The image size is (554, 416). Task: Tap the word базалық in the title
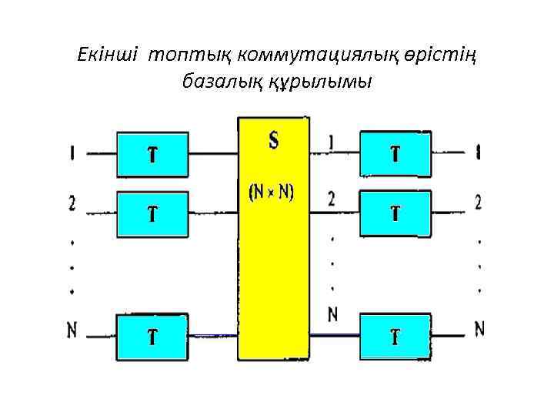pos(214,80)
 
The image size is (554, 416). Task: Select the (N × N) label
pos(270,193)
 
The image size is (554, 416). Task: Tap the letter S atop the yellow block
pos(274,140)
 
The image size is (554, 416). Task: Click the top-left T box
pos(152,154)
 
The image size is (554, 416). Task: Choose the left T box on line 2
pos(152,213)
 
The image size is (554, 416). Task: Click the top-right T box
pos(395,154)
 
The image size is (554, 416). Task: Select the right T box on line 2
pos(395,213)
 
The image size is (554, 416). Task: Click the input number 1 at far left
pos(72,154)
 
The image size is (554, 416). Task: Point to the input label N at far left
pos(72,330)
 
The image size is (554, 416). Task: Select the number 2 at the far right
pos(479,203)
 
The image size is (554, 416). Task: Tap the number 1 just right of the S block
pos(331,143)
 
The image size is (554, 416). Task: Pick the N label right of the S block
pos(332,314)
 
